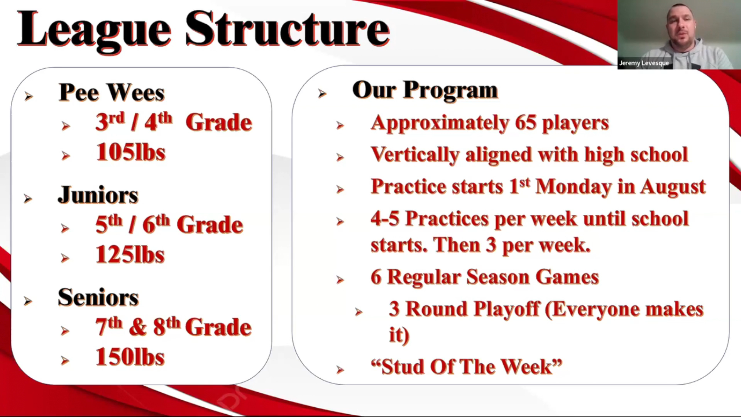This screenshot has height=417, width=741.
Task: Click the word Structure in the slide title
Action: point(288,29)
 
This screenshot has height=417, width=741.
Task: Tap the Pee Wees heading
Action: point(112,92)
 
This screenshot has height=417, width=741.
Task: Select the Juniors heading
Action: point(98,195)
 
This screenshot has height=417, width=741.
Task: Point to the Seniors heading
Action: point(98,297)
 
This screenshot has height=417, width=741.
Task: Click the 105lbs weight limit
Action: point(130,152)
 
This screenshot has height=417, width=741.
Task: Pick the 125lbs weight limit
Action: point(130,254)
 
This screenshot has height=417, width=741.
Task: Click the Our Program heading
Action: point(425,91)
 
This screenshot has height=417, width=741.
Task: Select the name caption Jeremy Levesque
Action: point(644,63)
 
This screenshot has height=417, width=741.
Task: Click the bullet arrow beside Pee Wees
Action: point(29,96)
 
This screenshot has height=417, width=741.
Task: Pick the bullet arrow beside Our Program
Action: point(322,93)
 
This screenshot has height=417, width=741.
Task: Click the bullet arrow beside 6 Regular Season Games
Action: point(340,280)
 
